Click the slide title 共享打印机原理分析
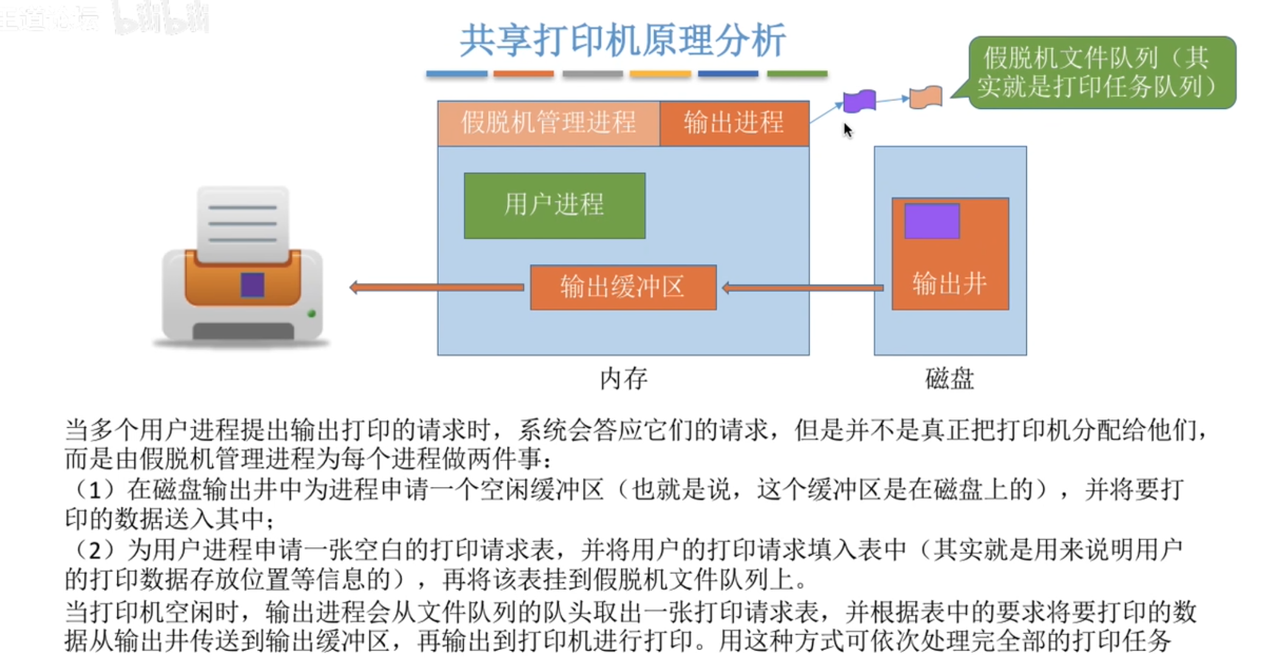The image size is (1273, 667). click(623, 41)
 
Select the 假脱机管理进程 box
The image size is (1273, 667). click(548, 123)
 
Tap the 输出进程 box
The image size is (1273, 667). click(734, 123)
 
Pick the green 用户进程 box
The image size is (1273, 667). click(554, 205)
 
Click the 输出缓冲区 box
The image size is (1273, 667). click(623, 287)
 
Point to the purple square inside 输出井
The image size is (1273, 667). click(931, 221)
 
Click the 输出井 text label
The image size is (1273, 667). click(950, 284)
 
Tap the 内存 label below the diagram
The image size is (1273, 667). click(624, 379)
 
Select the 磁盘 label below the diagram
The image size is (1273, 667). click(950, 379)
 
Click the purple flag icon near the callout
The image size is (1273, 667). click(860, 101)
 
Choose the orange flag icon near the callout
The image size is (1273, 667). click(926, 97)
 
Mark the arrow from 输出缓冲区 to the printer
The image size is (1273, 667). click(438, 287)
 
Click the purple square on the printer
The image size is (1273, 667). click(252, 284)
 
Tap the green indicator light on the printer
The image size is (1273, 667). click(312, 313)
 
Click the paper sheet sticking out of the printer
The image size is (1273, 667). click(243, 223)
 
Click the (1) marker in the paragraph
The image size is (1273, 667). click(94, 489)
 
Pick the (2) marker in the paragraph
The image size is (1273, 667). click(94, 550)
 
